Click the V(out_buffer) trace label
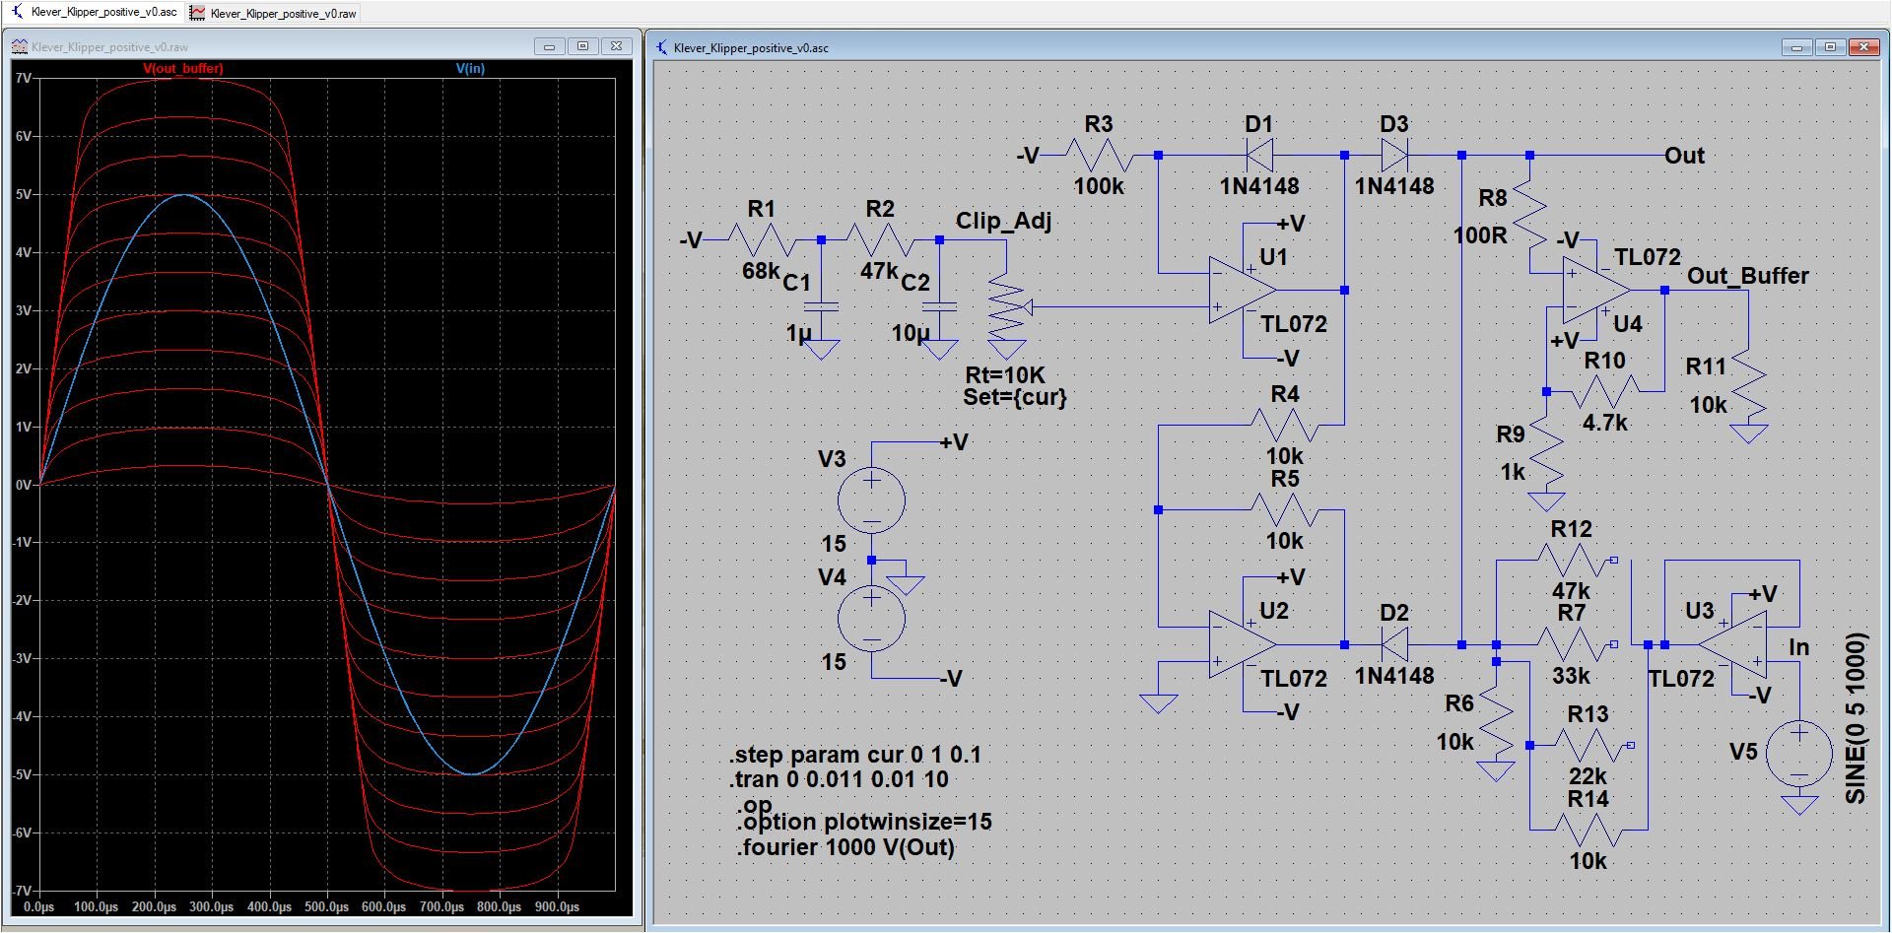tap(183, 69)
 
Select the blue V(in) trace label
tap(470, 69)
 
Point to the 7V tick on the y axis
tap(24, 78)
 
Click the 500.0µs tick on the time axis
tap(326, 906)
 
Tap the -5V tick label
tap(23, 774)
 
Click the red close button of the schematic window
tap(1863, 47)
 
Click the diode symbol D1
tap(1259, 155)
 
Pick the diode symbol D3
tap(1394, 155)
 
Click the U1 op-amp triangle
tap(1242, 291)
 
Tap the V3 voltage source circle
tap(871, 500)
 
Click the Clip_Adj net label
tap(1003, 221)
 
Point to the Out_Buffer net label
tap(1747, 276)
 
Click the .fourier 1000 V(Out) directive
tap(845, 847)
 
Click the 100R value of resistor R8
tap(1480, 235)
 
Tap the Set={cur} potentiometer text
tap(1015, 397)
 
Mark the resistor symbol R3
tap(1098, 155)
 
